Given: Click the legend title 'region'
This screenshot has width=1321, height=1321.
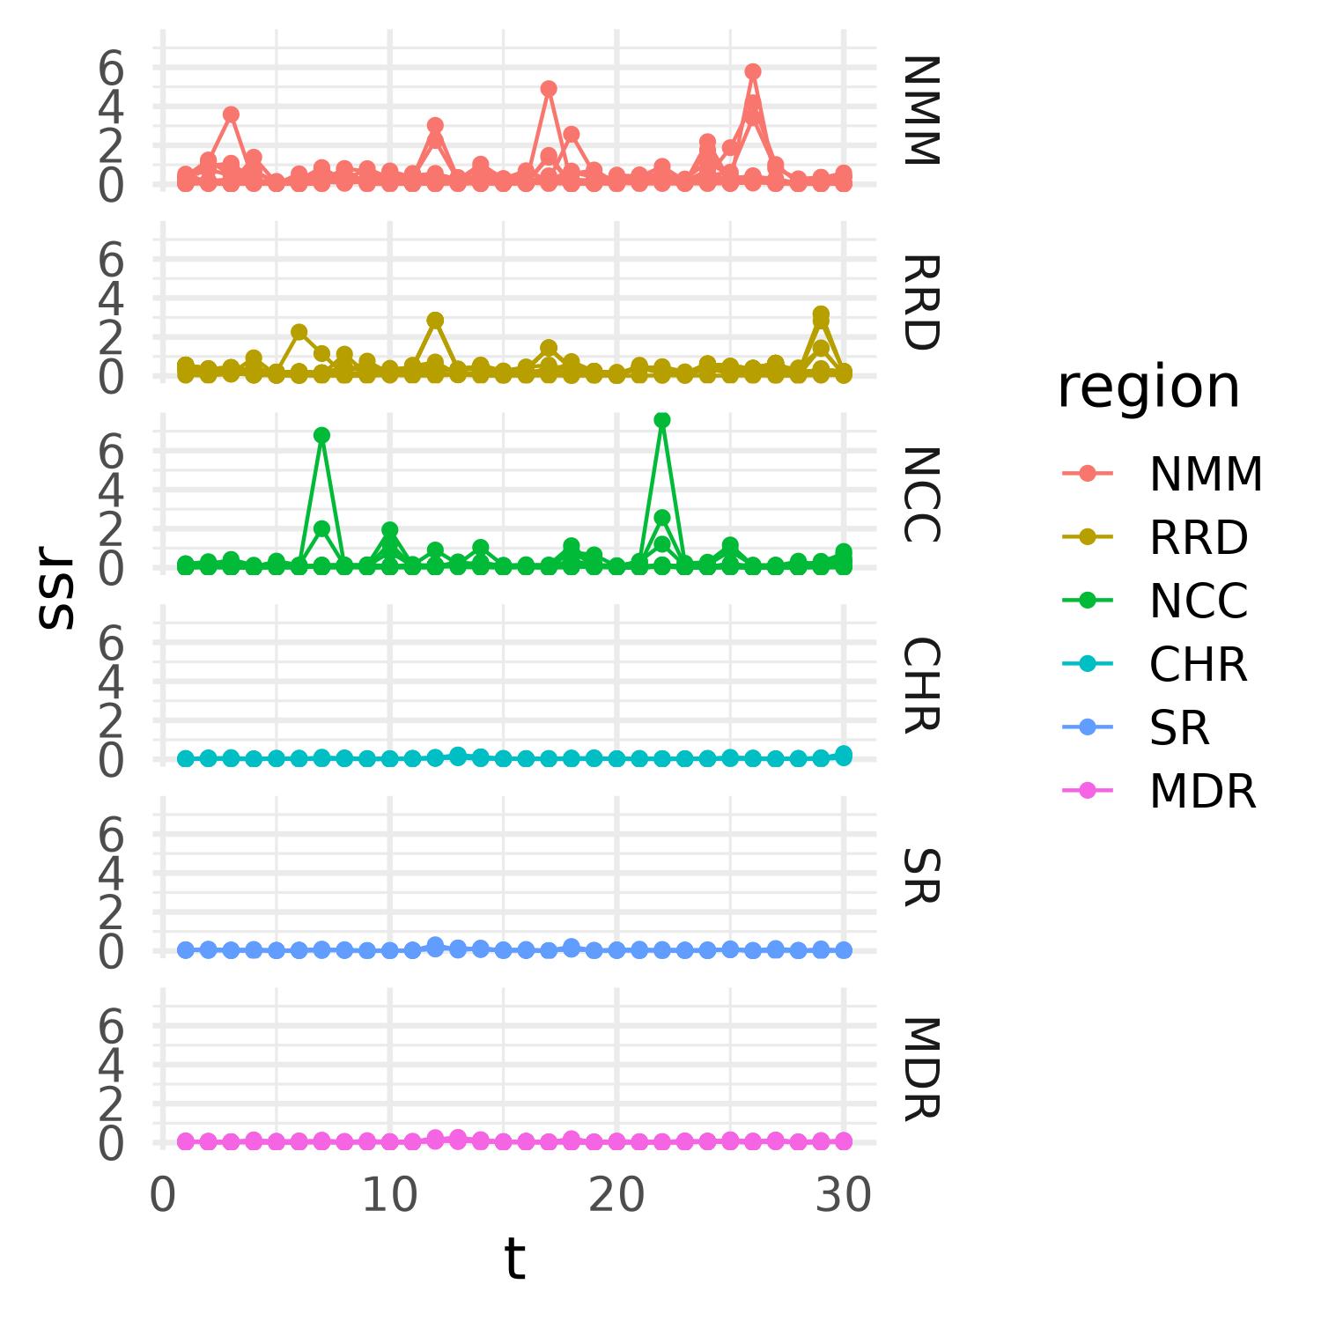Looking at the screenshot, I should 1148,387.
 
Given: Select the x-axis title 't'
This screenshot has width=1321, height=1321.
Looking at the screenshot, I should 514,1259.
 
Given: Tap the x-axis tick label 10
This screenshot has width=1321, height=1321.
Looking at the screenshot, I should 389,1197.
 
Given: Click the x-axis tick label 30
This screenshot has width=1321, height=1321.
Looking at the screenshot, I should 843,1197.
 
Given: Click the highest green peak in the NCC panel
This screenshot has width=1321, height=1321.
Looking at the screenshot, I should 662,420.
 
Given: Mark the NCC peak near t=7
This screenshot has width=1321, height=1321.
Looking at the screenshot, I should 321,435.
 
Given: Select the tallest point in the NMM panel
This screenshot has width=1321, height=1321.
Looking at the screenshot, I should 752,71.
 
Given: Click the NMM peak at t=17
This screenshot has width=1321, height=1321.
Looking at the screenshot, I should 549,88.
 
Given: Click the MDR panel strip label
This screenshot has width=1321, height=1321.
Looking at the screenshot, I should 920,1068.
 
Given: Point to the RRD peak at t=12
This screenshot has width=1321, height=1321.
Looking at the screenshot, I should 435,320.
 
